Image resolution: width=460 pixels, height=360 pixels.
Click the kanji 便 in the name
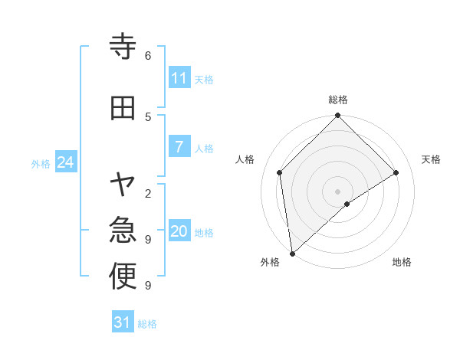coord(123,277)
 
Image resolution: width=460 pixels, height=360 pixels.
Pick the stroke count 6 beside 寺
coord(148,56)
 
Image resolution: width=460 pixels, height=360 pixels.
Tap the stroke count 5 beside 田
coord(148,116)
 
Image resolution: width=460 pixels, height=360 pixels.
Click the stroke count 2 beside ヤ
coord(148,193)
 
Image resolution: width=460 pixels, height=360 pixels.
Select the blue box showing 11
coord(179,78)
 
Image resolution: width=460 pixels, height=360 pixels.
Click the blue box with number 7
coord(179,147)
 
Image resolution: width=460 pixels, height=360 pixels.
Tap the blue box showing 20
coord(179,231)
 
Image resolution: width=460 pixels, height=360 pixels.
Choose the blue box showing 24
coord(65,162)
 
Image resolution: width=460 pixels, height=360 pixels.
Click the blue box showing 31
coord(123,322)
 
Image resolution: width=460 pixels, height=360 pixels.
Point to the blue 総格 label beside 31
coord(147,324)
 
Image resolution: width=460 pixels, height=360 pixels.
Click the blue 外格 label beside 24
coord(41,164)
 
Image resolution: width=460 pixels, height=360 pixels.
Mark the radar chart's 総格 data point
coord(337,116)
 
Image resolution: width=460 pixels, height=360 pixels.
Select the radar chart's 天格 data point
coord(396,172)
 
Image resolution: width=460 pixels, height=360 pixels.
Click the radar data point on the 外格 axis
coord(291,254)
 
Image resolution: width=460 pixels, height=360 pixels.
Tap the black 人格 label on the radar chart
coord(245,159)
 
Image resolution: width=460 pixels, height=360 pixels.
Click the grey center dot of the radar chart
coord(337,191)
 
